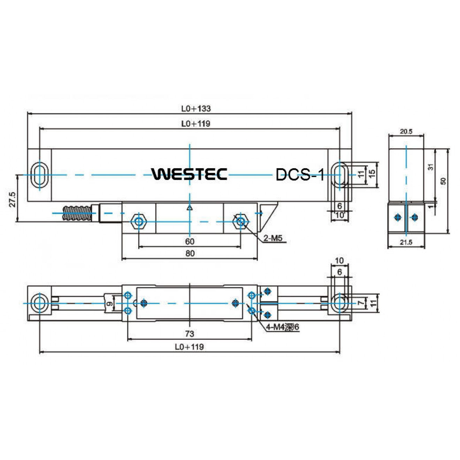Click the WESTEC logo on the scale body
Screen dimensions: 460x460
coord(189,174)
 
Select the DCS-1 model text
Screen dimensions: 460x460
coord(300,175)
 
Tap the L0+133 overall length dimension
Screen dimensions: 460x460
coord(196,108)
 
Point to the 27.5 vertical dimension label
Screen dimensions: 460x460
coord(13,199)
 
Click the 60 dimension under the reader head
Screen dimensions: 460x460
coord(190,241)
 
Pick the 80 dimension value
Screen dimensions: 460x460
coord(190,253)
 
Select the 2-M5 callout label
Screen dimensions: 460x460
coord(273,238)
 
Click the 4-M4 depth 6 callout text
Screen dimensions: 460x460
coord(283,327)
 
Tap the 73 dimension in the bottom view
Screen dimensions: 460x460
coord(189,334)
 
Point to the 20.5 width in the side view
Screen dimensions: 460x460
coord(406,131)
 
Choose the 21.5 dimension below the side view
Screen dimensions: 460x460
coord(406,242)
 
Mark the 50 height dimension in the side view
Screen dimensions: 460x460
coord(443,181)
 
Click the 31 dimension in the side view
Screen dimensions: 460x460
coord(431,167)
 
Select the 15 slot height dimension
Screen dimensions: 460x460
coord(372,172)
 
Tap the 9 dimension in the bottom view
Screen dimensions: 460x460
coord(110,304)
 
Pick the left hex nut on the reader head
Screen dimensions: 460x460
coord(139,221)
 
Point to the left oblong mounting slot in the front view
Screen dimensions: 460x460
coord(40,175)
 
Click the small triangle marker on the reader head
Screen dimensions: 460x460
coord(190,208)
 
